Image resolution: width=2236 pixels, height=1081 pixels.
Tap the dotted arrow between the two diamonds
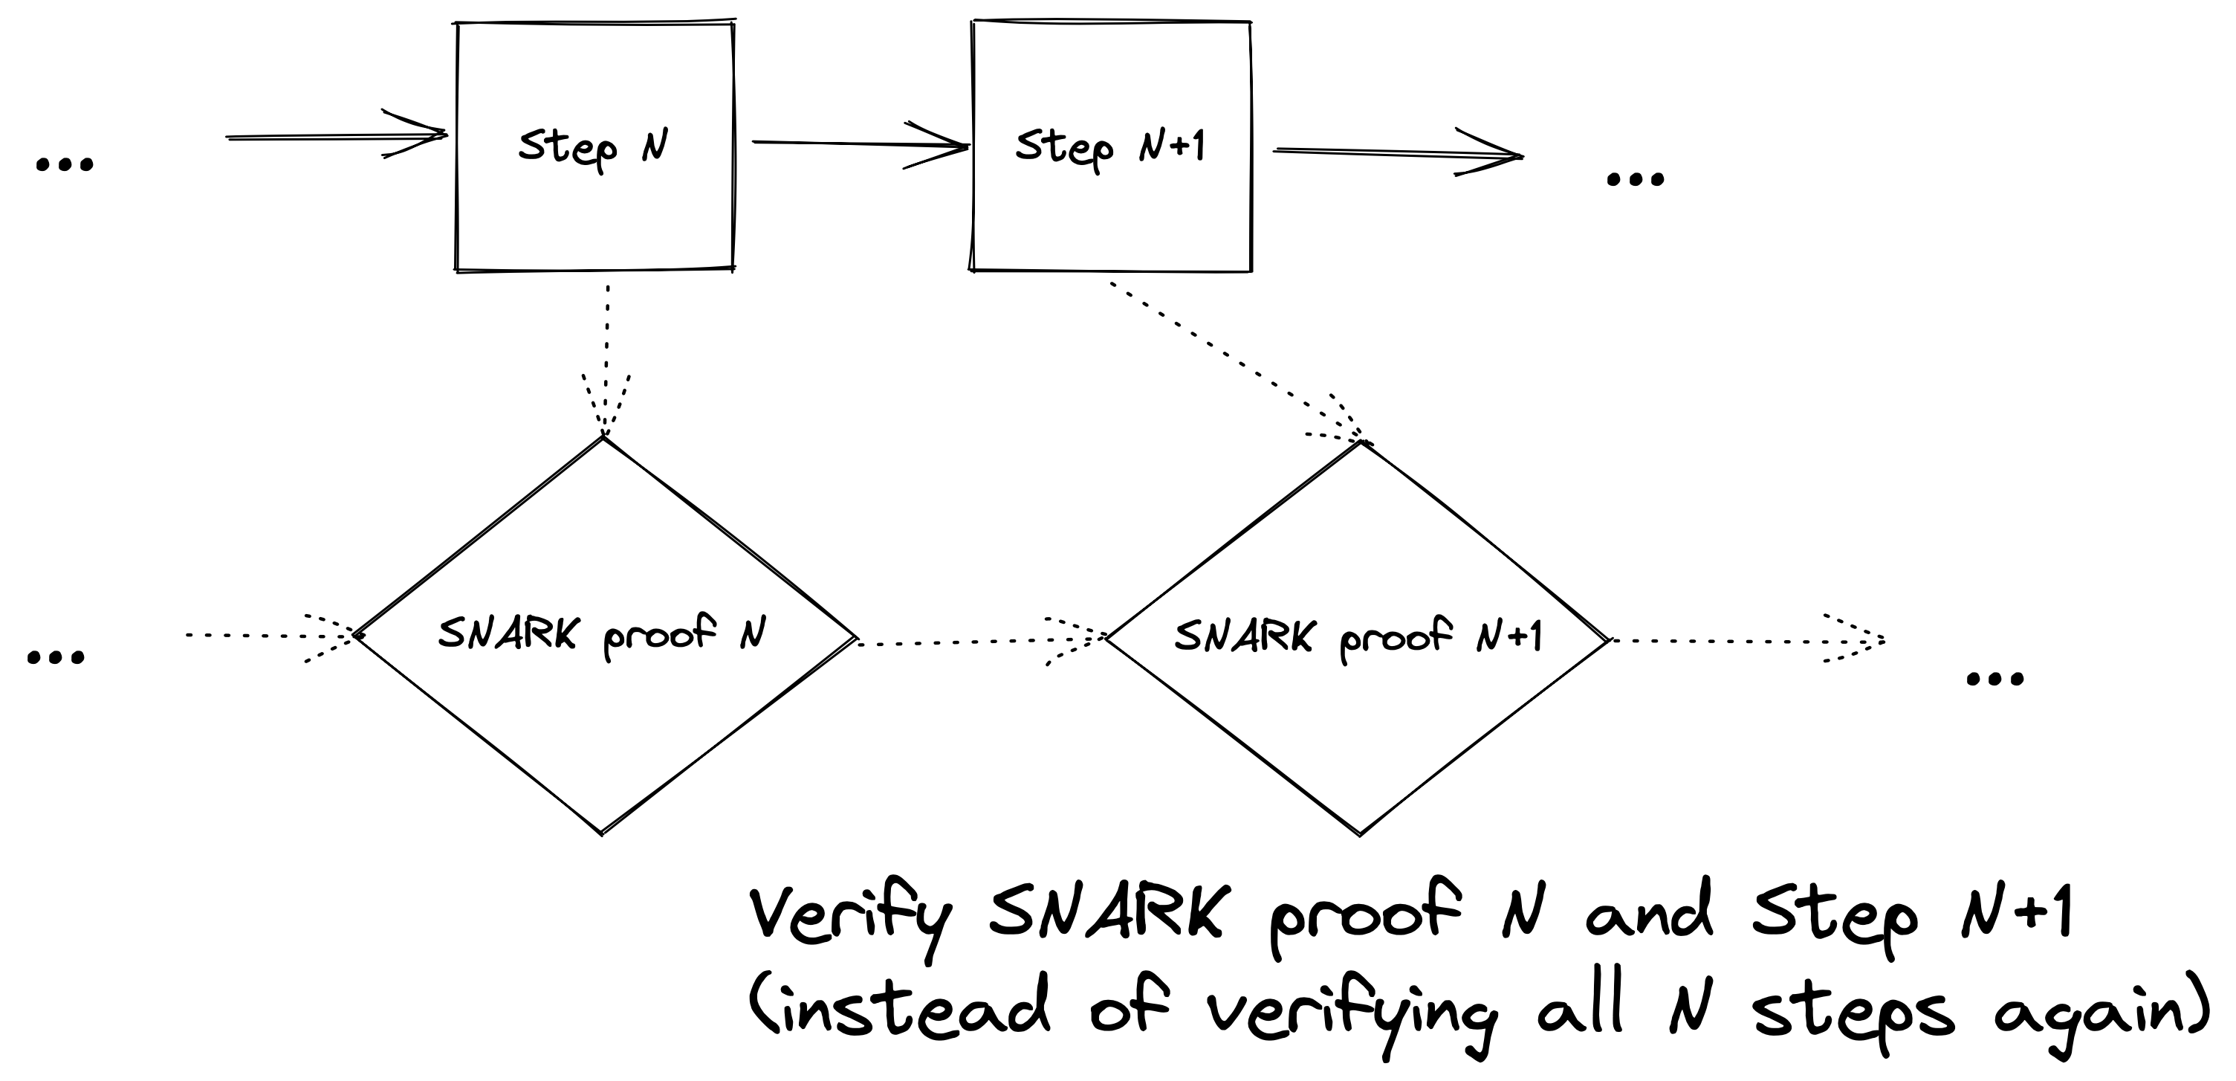(x=981, y=642)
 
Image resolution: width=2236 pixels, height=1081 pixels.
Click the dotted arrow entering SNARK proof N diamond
(x=269, y=636)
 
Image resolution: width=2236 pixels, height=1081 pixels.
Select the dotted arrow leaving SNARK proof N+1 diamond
(x=1745, y=641)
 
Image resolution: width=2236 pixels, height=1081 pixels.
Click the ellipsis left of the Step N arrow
(x=64, y=164)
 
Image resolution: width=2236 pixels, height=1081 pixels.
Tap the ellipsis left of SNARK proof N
(x=56, y=657)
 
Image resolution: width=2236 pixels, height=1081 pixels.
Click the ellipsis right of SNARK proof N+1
(x=1994, y=679)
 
